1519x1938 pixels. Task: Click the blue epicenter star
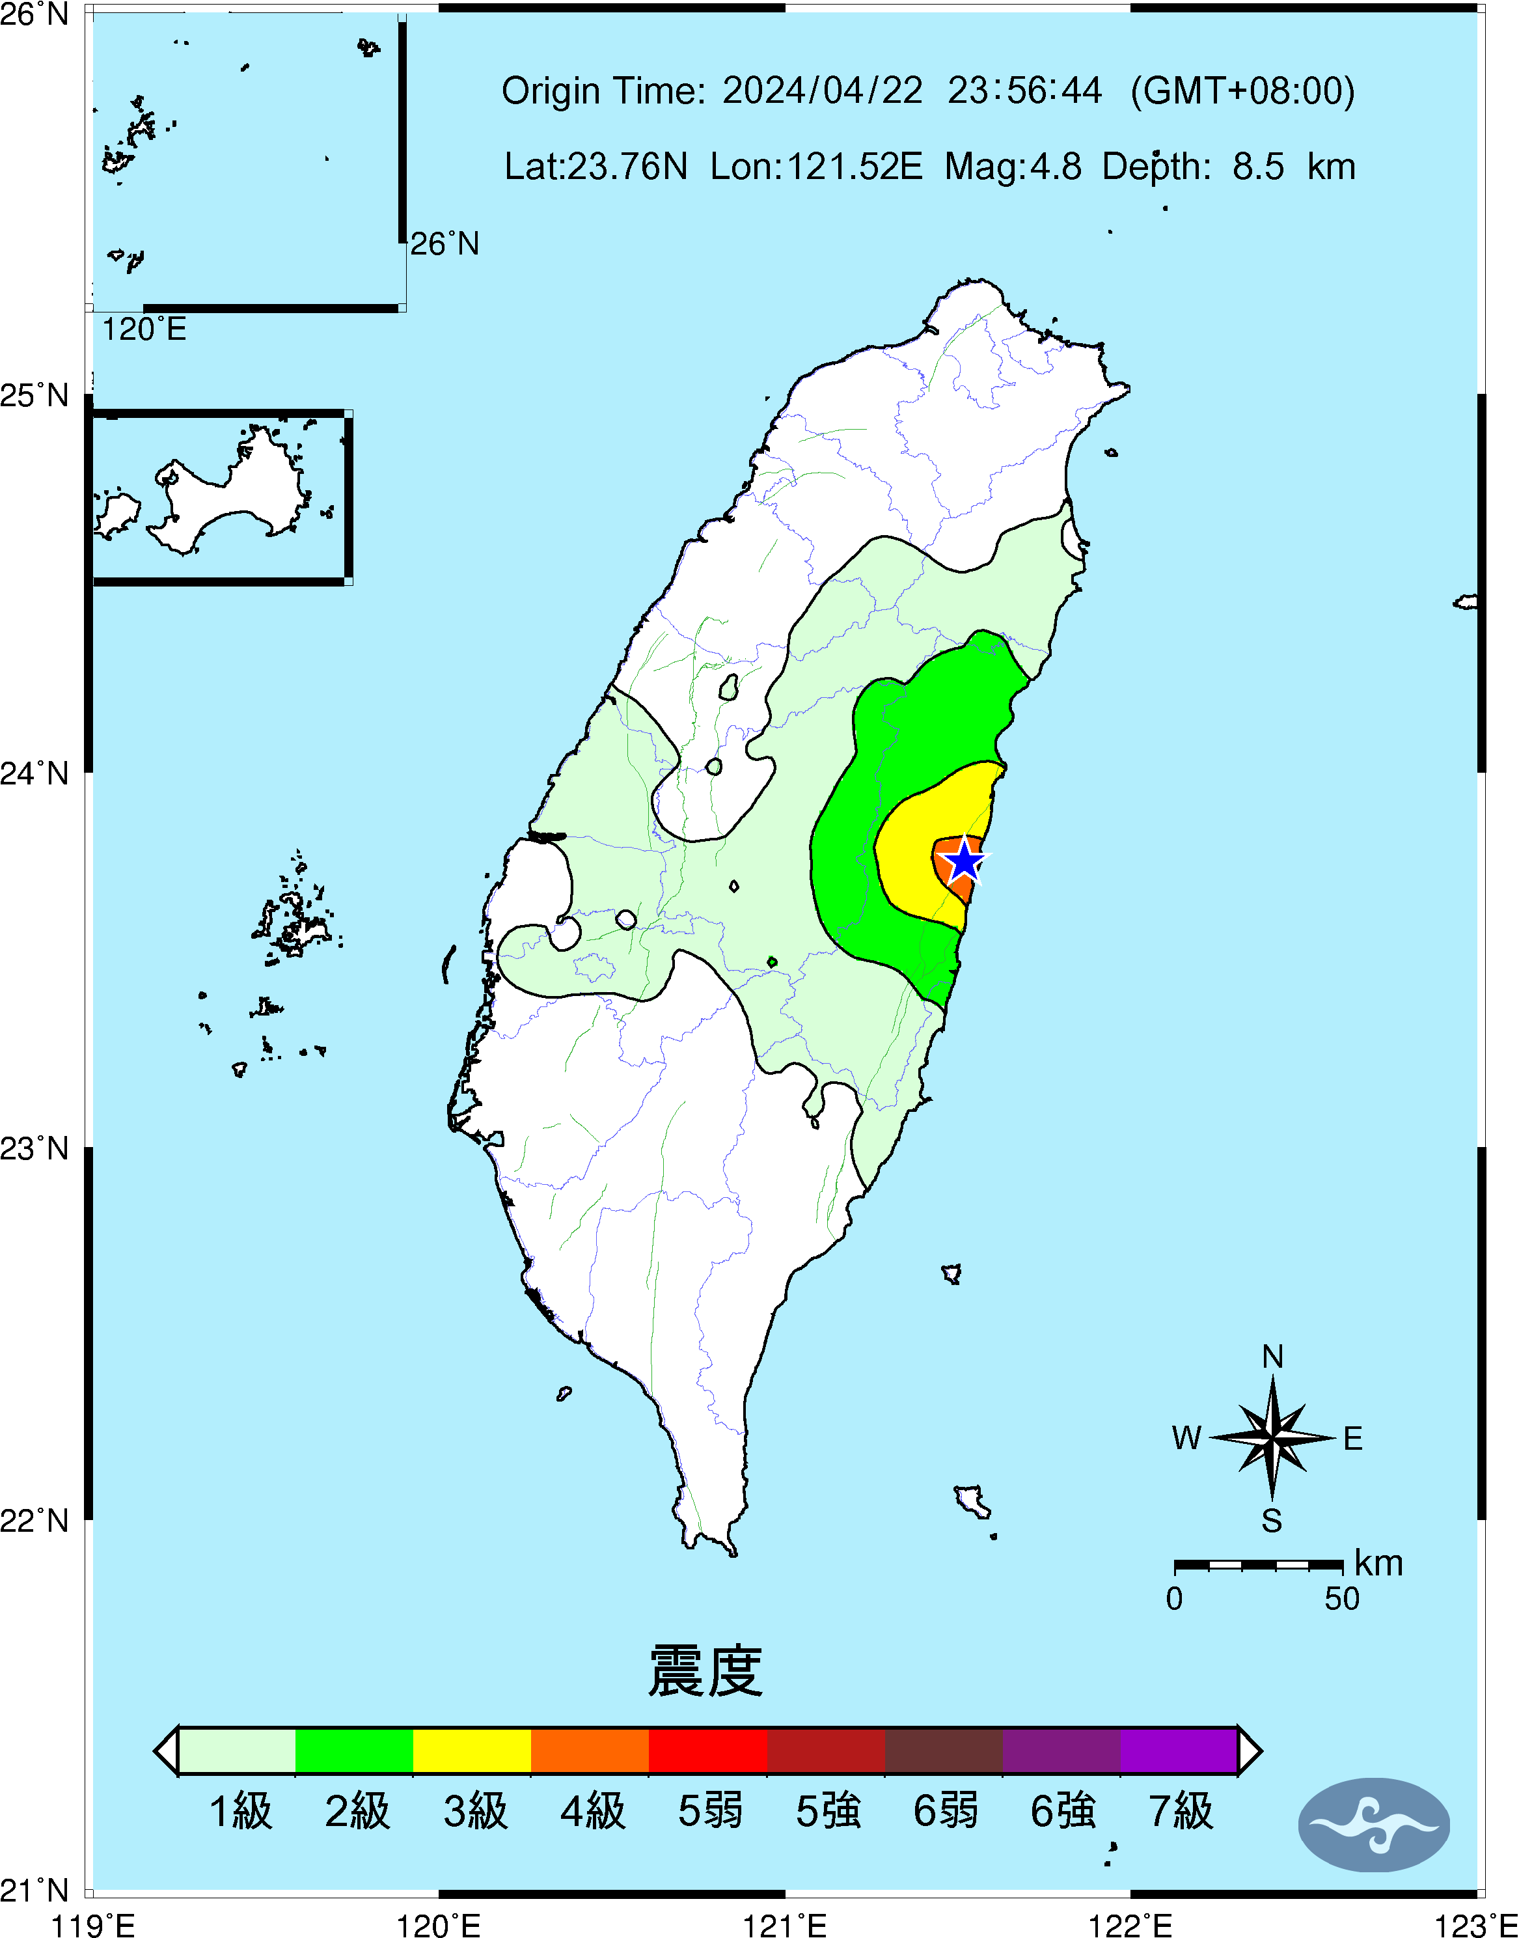tap(964, 861)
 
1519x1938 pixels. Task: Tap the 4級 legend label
tap(592, 1811)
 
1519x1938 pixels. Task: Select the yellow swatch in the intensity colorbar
tap(472, 1751)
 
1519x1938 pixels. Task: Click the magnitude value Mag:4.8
tap(1013, 166)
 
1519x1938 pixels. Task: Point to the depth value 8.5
tap(1257, 166)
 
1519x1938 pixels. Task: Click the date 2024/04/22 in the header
tap(822, 90)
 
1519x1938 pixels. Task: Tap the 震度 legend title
tap(705, 1671)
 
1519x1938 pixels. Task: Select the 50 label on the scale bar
tap(1341, 1599)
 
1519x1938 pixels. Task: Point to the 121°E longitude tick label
tap(784, 1926)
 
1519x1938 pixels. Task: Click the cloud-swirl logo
tap(1374, 1825)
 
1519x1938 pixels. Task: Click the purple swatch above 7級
tap(1179, 1751)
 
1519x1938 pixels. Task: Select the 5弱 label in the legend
tap(709, 1811)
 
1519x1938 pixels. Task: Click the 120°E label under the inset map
tap(144, 330)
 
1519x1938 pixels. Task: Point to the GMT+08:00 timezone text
tap(1242, 90)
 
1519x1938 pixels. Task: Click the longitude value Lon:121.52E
tap(816, 166)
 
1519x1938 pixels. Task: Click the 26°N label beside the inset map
tap(445, 243)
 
